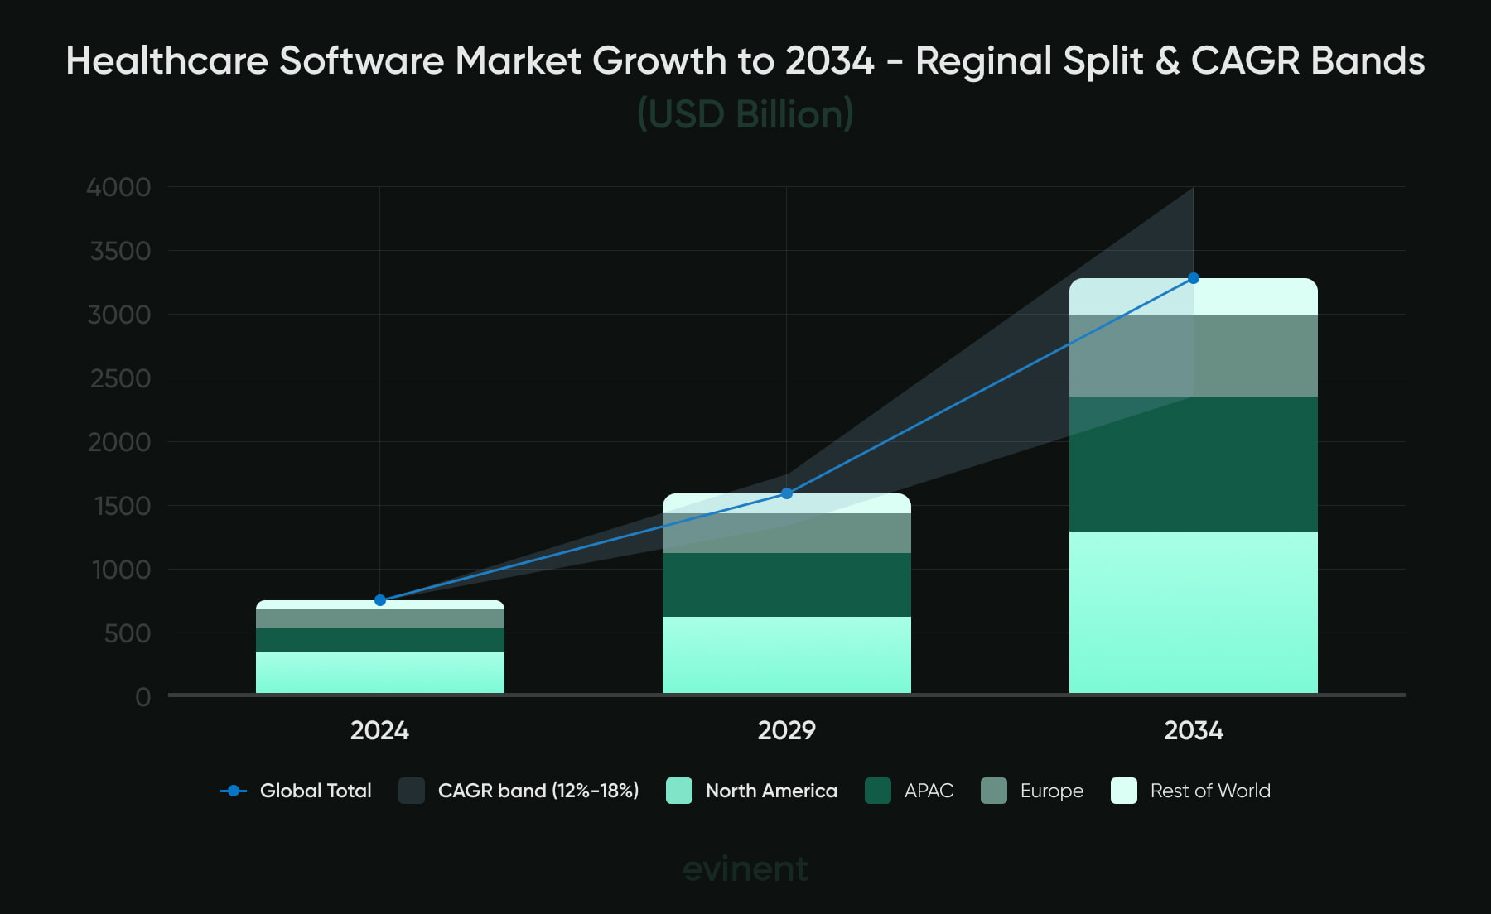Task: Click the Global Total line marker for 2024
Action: click(x=380, y=600)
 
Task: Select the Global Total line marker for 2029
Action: click(x=787, y=493)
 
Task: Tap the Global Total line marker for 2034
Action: click(x=1194, y=278)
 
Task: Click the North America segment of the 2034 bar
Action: click(x=1194, y=612)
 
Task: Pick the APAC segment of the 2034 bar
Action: click(x=1194, y=464)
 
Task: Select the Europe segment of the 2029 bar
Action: click(x=787, y=533)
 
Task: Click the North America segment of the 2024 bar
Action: click(x=380, y=672)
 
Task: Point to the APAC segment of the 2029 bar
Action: click(x=787, y=584)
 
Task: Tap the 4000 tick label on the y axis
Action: click(x=119, y=187)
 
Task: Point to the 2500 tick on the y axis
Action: click(x=121, y=378)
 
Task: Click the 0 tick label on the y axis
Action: click(x=142, y=697)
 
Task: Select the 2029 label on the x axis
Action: click(x=787, y=730)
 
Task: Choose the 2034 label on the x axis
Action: click(x=1194, y=730)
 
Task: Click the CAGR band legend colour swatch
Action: click(x=412, y=791)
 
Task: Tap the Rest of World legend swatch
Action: click(x=1124, y=791)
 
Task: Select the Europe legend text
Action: click(x=1052, y=791)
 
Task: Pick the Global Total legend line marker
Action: click(x=234, y=791)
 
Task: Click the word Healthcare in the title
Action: click(x=166, y=61)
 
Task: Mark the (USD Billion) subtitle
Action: click(x=745, y=114)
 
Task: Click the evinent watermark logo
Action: click(x=745, y=868)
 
